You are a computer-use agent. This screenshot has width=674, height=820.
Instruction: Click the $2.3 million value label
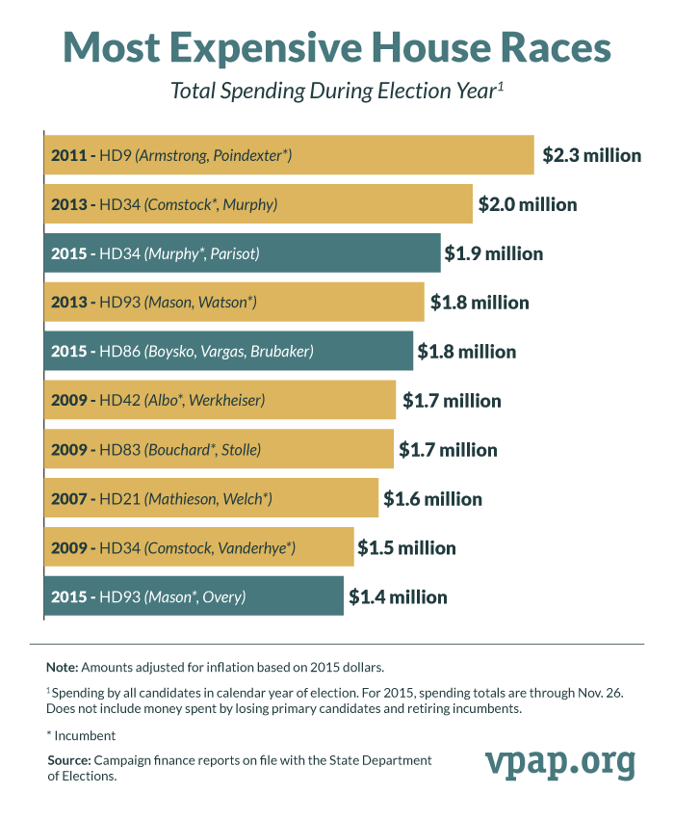[591, 155]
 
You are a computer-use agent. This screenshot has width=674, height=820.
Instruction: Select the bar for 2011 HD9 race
[289, 155]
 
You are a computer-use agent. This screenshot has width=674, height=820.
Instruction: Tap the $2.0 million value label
[528, 204]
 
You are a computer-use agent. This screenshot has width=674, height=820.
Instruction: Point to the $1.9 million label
[494, 253]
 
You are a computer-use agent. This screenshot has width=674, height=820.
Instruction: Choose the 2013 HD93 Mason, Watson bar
[234, 303]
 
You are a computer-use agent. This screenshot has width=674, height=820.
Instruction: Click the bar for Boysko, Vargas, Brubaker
[228, 352]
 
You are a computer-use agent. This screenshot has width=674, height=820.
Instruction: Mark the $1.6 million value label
[432, 499]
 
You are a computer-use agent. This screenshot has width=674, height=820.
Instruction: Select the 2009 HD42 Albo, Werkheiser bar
[220, 401]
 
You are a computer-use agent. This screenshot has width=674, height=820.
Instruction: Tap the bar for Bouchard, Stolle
[219, 450]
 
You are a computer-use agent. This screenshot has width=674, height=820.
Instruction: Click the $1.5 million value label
[406, 548]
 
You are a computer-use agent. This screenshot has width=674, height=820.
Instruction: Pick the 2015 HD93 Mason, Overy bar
[194, 597]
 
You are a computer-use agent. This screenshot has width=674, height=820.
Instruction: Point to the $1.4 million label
[398, 597]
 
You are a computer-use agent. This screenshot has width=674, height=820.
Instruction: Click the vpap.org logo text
[559, 762]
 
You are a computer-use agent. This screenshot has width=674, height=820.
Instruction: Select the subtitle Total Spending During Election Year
[337, 92]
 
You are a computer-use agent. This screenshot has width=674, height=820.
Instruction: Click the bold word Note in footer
[63, 667]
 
